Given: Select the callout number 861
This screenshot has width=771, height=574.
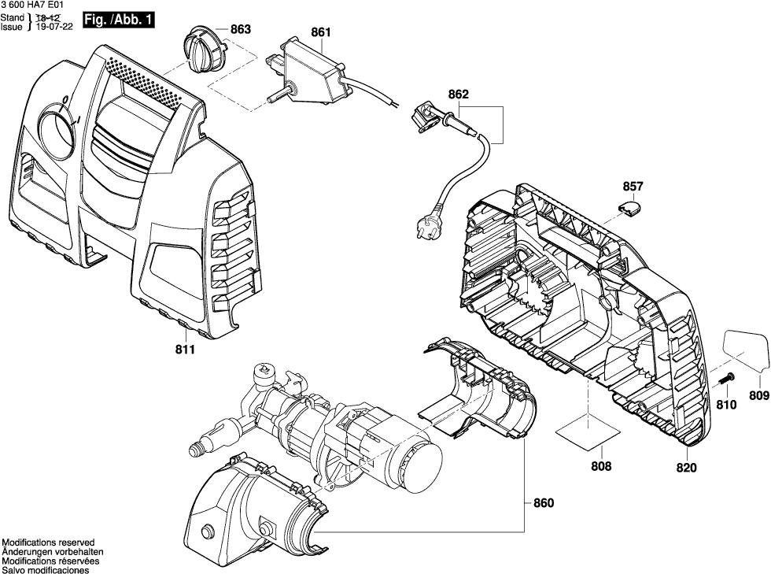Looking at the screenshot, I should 321,32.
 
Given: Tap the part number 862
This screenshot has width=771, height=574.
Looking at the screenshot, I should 458,94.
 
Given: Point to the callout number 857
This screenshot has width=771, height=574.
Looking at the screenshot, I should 633,187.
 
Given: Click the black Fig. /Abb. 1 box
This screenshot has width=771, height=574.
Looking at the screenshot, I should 119,18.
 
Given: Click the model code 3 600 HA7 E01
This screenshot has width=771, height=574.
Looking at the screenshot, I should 35,6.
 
